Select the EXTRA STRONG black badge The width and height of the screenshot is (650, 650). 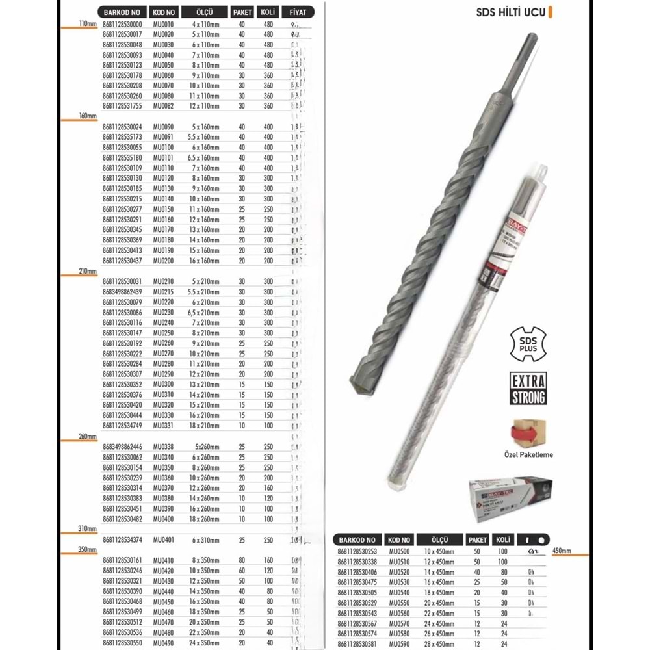pos(528,388)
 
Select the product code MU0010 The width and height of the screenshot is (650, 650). pos(163,25)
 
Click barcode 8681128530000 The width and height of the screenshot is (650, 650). pos(122,25)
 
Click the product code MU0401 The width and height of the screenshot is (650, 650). pos(164,540)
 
